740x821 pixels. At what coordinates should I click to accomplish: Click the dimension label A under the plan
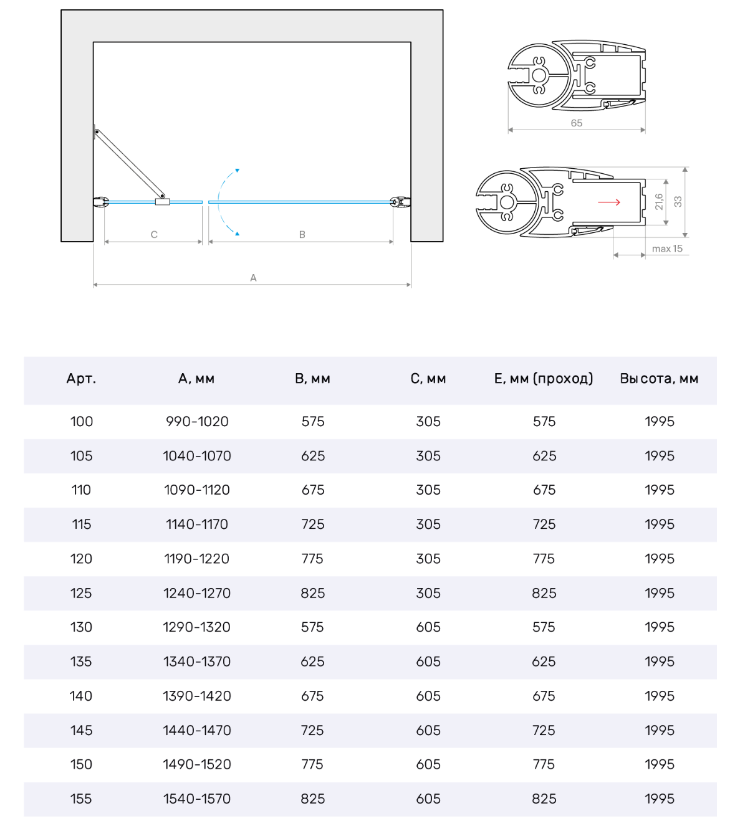point(253,278)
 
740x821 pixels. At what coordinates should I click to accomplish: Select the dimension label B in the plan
point(302,235)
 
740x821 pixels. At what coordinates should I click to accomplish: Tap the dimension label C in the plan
point(154,235)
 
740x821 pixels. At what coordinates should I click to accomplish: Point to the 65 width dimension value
point(577,123)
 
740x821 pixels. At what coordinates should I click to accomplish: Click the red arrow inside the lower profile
point(609,202)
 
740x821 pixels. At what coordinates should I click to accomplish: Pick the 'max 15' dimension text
point(667,249)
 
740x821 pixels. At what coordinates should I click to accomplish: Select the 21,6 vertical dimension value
point(659,202)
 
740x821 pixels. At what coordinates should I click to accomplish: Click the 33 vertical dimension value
point(678,202)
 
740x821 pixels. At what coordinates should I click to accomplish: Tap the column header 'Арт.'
point(81,379)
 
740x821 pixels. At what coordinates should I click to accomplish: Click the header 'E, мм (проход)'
point(544,379)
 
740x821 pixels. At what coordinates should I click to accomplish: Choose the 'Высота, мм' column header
point(659,379)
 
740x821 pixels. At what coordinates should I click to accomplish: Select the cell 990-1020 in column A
point(197,422)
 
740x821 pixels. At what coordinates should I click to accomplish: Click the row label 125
point(81,593)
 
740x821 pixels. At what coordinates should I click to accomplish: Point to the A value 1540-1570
point(197,799)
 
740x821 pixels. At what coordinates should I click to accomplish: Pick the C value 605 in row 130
point(428,627)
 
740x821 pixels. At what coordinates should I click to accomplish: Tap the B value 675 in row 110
point(313,490)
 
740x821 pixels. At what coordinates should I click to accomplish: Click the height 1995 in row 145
point(660,730)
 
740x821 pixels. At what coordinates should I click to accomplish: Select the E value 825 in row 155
point(544,799)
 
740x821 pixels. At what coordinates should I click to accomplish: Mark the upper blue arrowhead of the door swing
point(237,170)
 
